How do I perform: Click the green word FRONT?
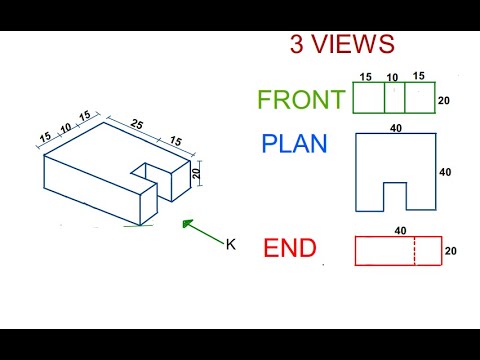(x=301, y=100)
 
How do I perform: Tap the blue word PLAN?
(x=294, y=144)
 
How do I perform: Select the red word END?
(x=289, y=247)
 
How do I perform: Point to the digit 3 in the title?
(x=297, y=45)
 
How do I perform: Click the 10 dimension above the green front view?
(x=393, y=77)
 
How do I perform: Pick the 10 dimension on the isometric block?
(x=64, y=127)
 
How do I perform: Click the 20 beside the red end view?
(x=450, y=251)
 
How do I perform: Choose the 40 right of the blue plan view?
(x=446, y=172)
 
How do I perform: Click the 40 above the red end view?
(x=400, y=231)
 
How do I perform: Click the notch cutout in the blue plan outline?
(x=396, y=198)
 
